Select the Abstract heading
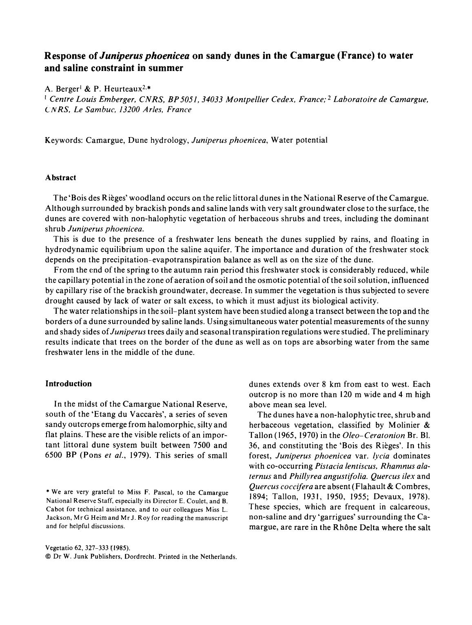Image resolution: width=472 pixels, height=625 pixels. click(x=60, y=178)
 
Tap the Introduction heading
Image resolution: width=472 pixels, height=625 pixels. click(x=68, y=383)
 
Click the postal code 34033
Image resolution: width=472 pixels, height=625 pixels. click(x=213, y=99)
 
